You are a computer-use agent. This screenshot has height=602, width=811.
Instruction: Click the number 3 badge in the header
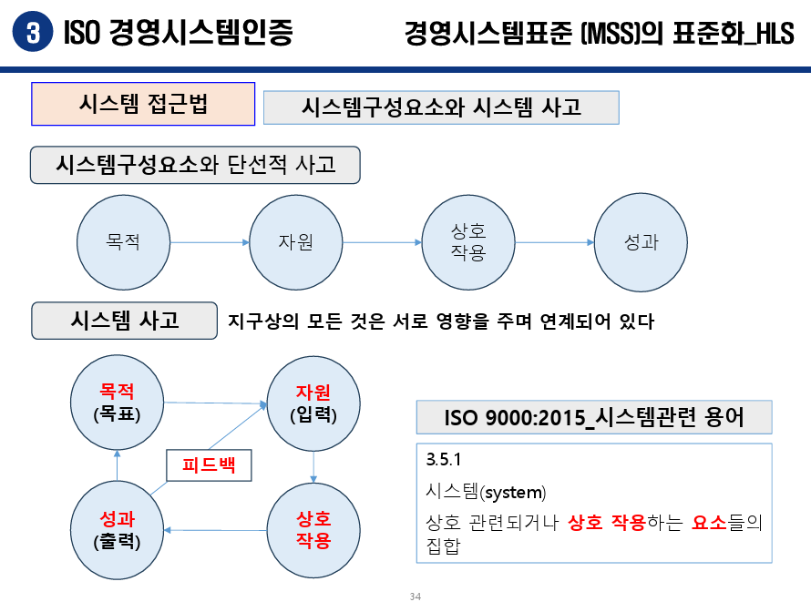click(x=33, y=33)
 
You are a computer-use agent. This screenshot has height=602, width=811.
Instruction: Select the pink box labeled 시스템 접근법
click(x=143, y=104)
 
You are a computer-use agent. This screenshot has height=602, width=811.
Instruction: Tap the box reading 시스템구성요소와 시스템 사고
click(x=441, y=107)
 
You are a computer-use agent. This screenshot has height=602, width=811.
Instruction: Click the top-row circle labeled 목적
click(x=123, y=242)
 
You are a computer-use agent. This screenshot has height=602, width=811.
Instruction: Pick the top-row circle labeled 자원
click(x=295, y=242)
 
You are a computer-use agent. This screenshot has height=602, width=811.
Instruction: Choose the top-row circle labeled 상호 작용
click(x=467, y=242)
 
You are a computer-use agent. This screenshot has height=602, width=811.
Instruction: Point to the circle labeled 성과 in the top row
click(x=641, y=242)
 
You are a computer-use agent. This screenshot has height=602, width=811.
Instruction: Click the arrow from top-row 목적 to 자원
click(x=209, y=242)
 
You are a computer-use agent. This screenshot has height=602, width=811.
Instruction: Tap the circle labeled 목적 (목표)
click(x=118, y=402)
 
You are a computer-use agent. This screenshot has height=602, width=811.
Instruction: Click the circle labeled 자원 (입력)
click(x=313, y=403)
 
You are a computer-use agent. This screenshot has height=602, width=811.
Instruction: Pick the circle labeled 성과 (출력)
click(x=117, y=530)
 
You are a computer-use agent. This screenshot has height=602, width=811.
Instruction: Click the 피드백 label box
click(x=209, y=465)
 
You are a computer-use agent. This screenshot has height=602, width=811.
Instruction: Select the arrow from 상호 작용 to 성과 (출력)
click(x=215, y=530)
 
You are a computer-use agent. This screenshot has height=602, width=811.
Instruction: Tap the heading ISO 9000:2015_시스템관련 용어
click(x=594, y=418)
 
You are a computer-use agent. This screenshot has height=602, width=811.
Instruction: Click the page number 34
click(x=415, y=597)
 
